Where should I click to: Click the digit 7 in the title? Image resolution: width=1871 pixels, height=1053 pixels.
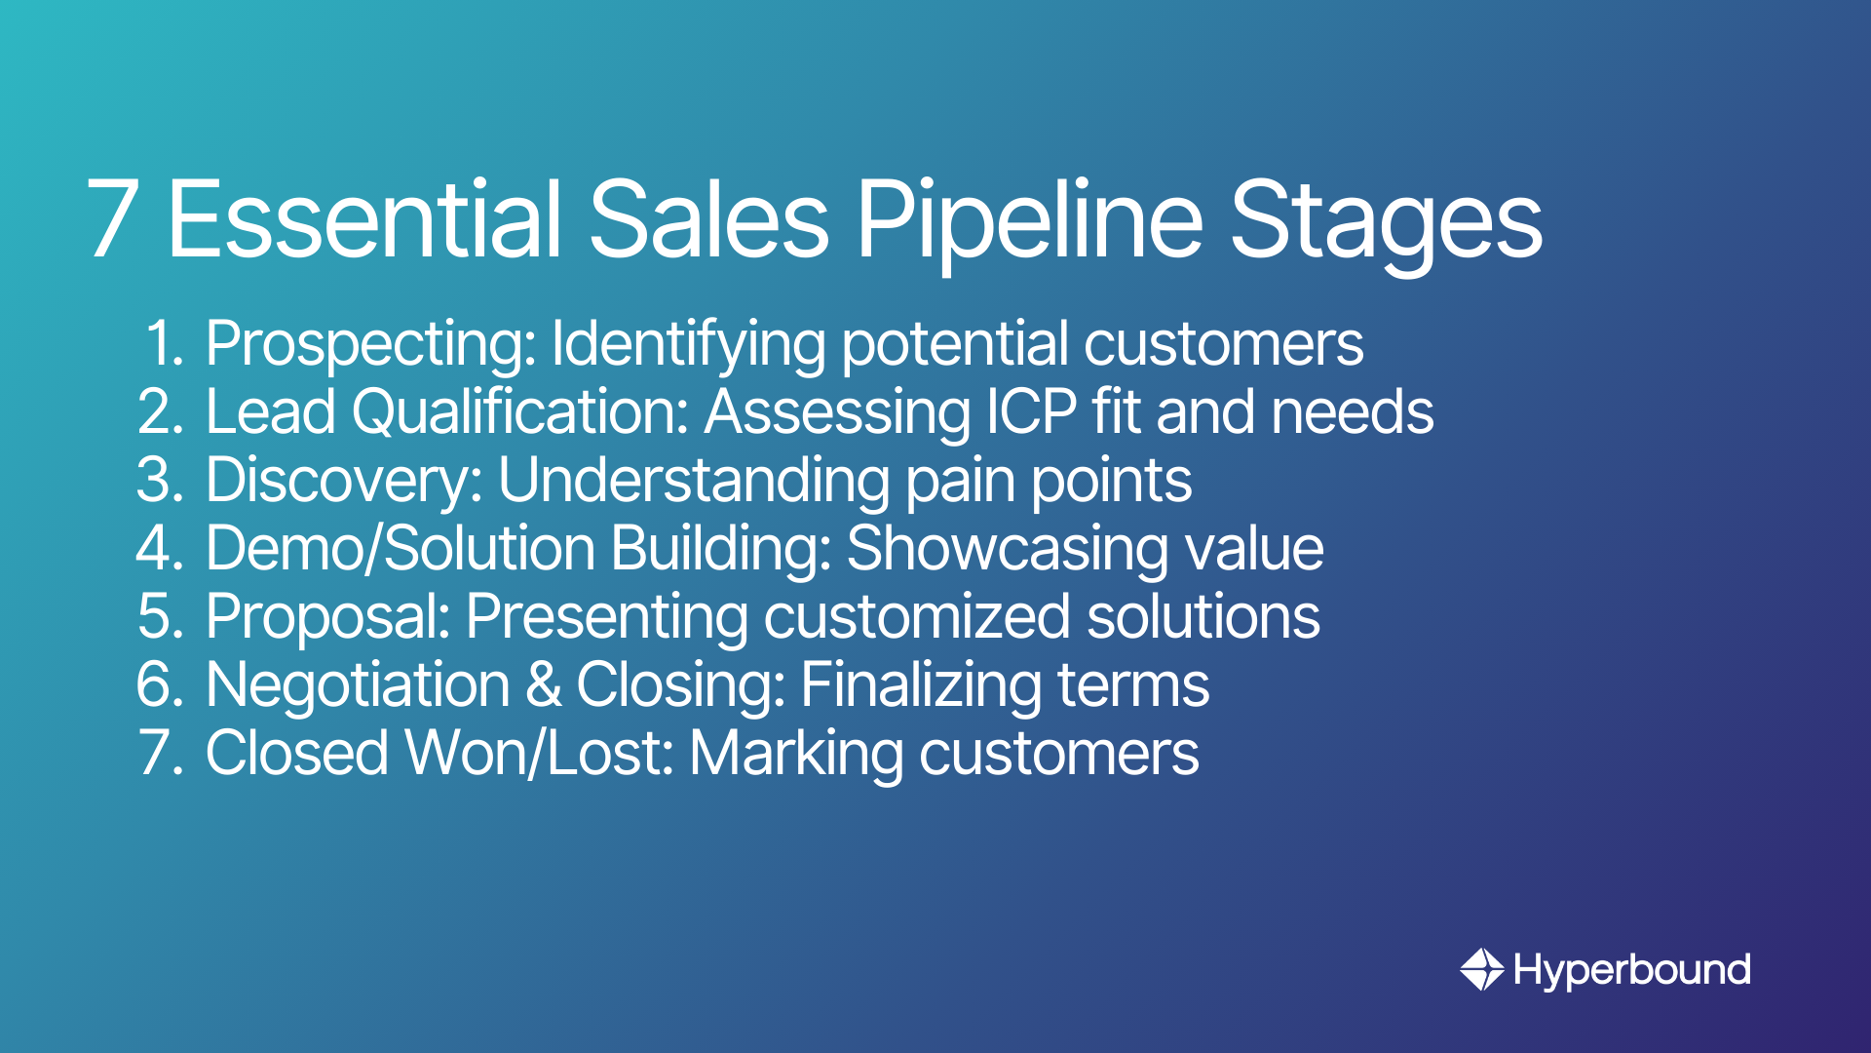coord(111,219)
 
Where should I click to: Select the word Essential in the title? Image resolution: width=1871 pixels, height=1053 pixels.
coord(364,219)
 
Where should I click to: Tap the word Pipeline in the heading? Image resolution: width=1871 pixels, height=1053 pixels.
coord(1029,219)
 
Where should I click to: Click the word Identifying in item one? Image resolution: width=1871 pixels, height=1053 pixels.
coord(688,345)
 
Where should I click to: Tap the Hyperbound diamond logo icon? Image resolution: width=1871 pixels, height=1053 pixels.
coord(1481,969)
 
